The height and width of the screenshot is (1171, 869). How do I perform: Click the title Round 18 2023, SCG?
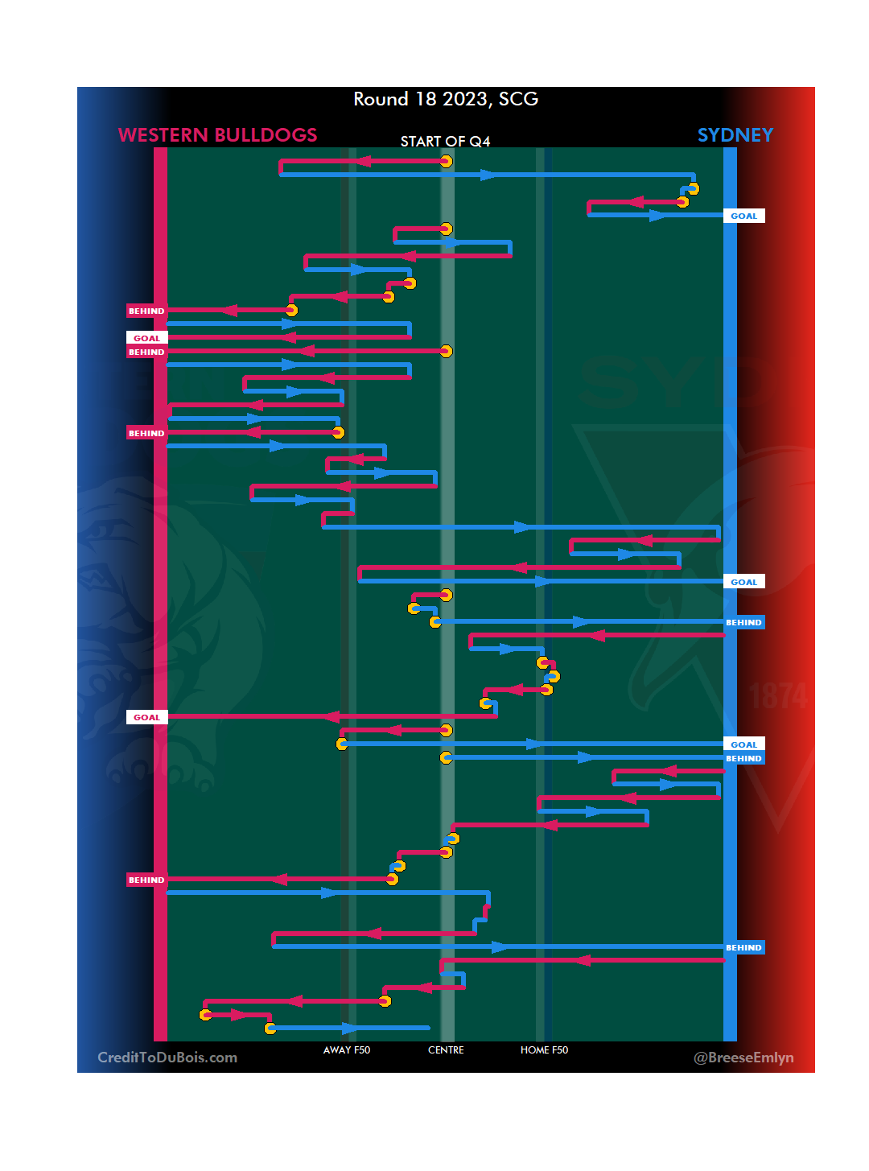[446, 99]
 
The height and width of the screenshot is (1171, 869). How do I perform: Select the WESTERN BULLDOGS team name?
[217, 135]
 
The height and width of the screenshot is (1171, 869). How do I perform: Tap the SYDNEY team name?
[735, 135]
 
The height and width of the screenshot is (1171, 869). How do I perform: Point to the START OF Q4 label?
[445, 142]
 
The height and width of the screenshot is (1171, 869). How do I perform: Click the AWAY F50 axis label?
[347, 1050]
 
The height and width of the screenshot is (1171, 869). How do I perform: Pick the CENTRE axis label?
[446, 1050]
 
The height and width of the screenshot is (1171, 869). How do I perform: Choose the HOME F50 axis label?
[544, 1050]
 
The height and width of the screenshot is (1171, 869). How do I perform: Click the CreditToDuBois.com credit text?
[167, 1058]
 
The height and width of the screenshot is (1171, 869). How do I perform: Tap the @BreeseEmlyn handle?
[743, 1058]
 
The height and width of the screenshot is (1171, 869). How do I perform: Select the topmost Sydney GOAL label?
[743, 216]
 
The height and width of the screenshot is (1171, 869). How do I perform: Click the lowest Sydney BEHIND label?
[743, 947]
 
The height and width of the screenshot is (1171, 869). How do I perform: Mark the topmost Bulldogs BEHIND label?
[146, 311]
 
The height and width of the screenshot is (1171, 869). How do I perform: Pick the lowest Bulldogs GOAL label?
[146, 717]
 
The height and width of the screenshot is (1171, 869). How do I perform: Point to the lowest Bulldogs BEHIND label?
[146, 880]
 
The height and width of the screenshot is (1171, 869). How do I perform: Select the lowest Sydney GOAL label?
[743, 744]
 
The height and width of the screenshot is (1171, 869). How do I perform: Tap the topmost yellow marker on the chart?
[447, 162]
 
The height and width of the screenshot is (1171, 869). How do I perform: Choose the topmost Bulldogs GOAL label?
[146, 338]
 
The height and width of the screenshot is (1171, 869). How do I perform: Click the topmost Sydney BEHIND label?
[743, 622]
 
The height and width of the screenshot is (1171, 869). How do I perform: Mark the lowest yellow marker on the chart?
[270, 1029]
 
